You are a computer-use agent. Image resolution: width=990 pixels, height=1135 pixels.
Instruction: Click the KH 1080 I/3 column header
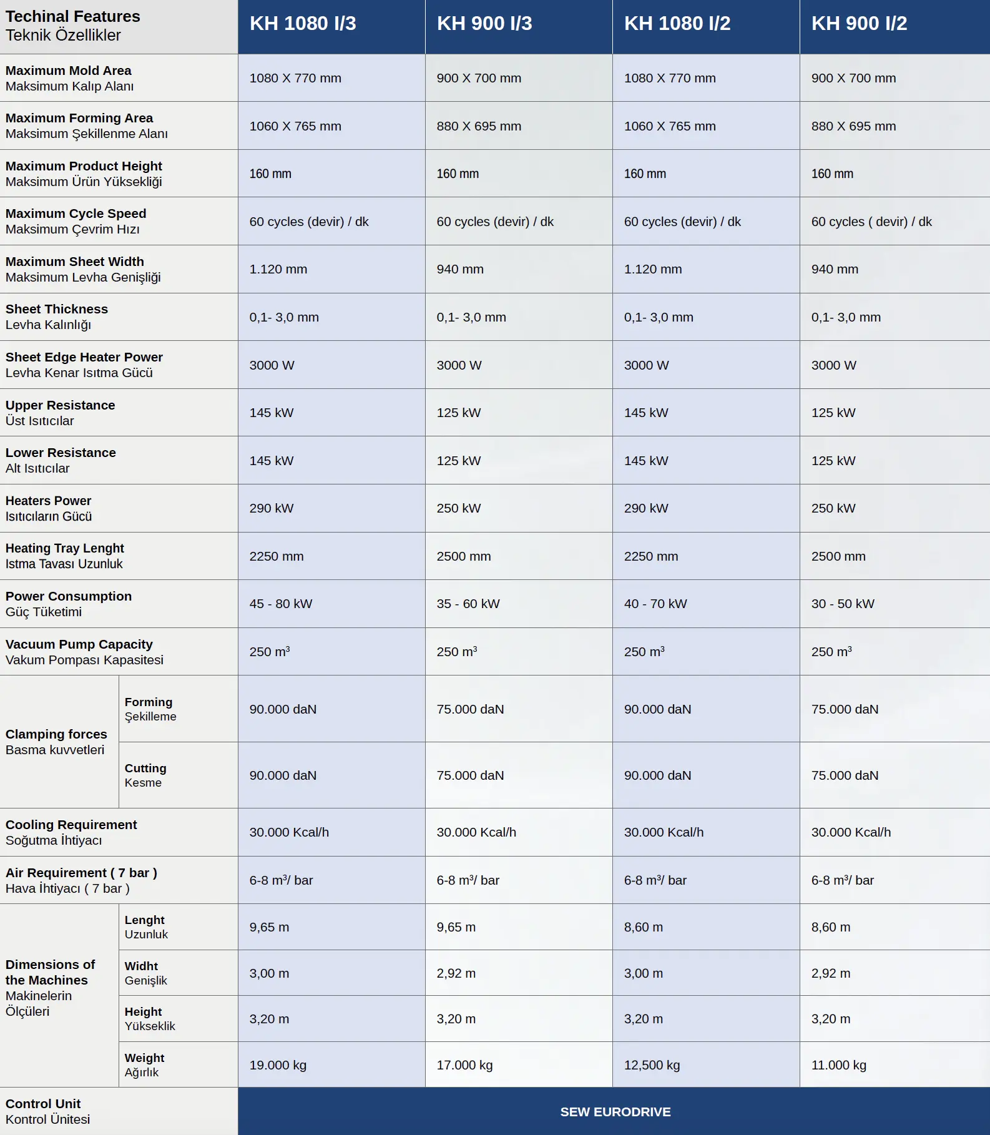[x=303, y=24]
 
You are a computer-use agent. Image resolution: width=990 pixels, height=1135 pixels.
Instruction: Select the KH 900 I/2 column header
[x=859, y=24]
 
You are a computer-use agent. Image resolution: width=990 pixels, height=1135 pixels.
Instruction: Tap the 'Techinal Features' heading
[x=72, y=16]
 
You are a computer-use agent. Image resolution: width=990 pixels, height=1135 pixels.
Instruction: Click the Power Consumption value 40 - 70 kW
[x=655, y=604]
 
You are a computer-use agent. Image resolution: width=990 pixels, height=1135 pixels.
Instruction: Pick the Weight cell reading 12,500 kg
[x=652, y=1065]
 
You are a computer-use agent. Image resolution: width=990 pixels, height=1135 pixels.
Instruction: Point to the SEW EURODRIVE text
[x=615, y=1112]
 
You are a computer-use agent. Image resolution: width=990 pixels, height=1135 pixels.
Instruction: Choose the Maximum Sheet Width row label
[x=83, y=269]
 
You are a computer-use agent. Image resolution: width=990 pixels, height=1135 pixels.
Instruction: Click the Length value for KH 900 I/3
[x=456, y=927]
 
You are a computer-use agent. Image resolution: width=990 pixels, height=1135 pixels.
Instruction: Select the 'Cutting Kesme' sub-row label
[x=145, y=775]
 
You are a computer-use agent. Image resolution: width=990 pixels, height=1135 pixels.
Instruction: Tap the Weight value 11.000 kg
[x=838, y=1065]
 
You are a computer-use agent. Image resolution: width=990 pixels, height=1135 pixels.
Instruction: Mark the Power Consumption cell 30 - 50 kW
[x=842, y=604]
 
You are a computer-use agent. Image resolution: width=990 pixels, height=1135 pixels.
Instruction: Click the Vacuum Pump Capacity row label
[x=84, y=652]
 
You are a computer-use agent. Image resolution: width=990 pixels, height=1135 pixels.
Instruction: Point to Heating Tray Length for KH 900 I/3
[x=463, y=556]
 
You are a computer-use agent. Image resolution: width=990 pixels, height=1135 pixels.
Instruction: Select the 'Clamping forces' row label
[x=56, y=742]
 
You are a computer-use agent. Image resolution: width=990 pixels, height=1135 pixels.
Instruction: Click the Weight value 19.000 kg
[x=278, y=1065]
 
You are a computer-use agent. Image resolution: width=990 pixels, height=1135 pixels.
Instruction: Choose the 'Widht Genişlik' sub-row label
[x=145, y=973]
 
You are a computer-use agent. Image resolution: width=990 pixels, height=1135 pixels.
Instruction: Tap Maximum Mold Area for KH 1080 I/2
[x=670, y=78]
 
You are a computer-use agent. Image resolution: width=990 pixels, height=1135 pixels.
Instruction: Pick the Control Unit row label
[x=47, y=1111]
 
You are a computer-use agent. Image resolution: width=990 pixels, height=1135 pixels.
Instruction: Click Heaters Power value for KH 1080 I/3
[x=271, y=508]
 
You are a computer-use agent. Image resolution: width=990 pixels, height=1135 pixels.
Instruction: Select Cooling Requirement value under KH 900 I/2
[x=851, y=832]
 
